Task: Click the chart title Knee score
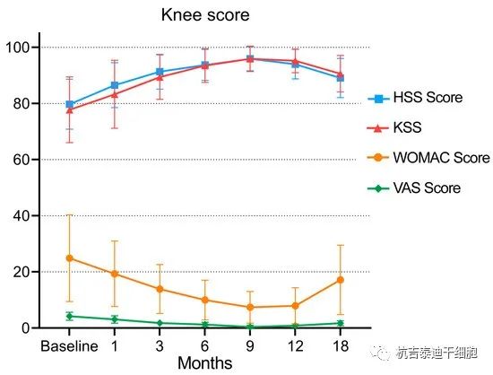205,15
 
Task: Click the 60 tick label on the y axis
20,159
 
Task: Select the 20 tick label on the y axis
20,272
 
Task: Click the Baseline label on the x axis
68,346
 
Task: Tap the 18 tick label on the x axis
340,346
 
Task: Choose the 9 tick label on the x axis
250,346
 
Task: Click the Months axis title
204,363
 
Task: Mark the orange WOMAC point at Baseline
69,257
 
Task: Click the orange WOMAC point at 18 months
340,280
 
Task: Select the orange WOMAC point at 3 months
160,289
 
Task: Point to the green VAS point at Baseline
69,316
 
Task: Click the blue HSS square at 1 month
114,85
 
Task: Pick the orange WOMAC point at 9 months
250,307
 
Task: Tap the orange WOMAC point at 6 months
204,300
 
